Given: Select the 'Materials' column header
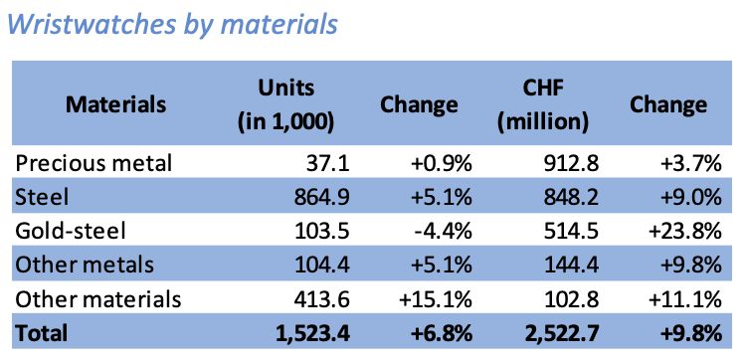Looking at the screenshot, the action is coord(115,104).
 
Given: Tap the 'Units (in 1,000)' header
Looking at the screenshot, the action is coord(285,104).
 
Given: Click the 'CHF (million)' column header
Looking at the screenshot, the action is coord(543,104).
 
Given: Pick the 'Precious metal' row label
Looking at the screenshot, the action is coord(93,164).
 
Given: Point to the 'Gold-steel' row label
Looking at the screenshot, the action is coord(71,232).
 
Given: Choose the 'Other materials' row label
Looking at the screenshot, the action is coord(98,299).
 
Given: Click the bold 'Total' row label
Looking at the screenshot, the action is coord(42,333).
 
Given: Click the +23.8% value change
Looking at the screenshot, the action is coord(685,232).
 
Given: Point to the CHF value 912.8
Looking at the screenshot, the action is coord(570,164).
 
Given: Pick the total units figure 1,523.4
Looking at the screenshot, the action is coord(312,334).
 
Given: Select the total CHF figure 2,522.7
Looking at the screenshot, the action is coord(561,334).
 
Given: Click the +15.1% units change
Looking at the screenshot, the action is coord(436,299).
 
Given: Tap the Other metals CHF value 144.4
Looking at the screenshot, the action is coord(570,266).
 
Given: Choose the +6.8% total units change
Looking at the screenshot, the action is coord(441,334).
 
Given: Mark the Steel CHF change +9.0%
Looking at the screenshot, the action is coord(691,198).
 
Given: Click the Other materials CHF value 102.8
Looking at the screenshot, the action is coord(570,299).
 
